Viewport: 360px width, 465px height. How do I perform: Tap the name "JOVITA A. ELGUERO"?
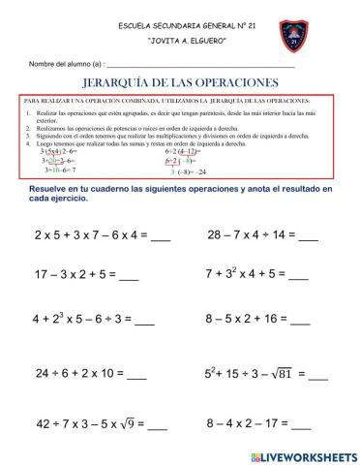pos(182,43)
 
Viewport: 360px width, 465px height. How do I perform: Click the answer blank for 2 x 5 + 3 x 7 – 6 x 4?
pos(163,238)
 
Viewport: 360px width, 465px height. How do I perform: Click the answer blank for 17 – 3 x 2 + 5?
pos(129,277)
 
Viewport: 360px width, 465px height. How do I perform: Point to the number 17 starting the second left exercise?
pos(43,274)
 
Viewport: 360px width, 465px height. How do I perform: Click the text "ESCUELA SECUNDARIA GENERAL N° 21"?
pos(182,23)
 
